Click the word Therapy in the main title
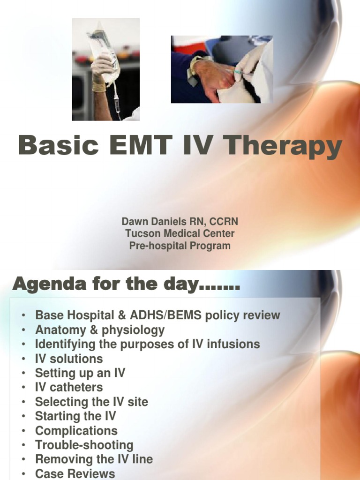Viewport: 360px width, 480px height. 283,147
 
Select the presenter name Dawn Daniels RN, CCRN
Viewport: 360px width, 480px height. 177,221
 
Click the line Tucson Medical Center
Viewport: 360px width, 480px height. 180,233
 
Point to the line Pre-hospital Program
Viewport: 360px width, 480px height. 180,246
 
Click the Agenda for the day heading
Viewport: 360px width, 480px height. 126,284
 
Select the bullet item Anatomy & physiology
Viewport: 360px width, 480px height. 100,330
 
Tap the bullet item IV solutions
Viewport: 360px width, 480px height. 69,359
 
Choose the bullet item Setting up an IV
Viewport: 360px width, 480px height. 80,373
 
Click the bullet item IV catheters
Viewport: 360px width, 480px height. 69,387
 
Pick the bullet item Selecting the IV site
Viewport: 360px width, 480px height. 91,402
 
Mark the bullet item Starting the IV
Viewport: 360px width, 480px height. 75,416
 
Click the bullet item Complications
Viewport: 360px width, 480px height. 76,431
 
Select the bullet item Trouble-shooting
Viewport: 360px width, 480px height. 84,445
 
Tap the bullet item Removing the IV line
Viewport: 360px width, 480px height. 94,459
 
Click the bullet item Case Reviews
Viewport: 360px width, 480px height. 75,473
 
